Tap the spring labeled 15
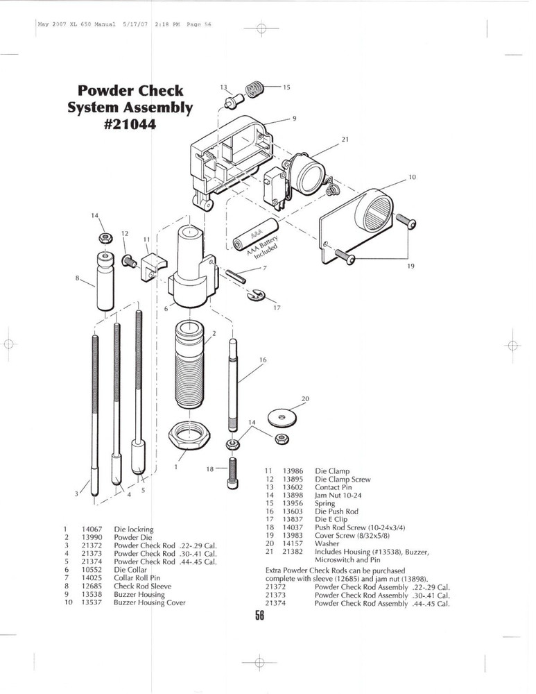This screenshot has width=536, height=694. pyautogui.click(x=254, y=90)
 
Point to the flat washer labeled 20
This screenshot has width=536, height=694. pyautogui.click(x=283, y=417)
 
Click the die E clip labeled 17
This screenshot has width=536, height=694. pyautogui.click(x=255, y=294)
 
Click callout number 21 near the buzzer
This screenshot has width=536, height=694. pyautogui.click(x=345, y=139)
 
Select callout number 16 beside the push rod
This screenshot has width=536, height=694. pyautogui.click(x=263, y=359)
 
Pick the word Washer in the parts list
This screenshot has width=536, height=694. pyautogui.click(x=327, y=544)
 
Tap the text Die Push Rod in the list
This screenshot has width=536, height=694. pyautogui.click(x=336, y=511)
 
